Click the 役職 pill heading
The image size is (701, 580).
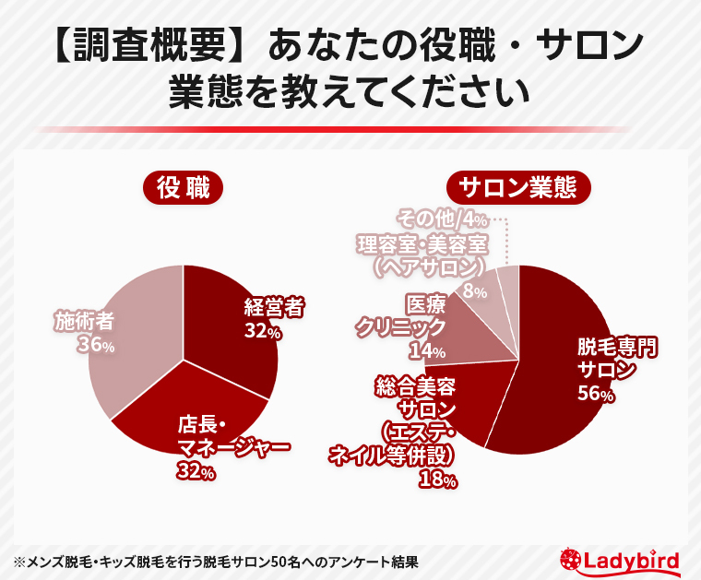184,188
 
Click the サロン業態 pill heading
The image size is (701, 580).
517,188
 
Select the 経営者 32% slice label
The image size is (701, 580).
274,318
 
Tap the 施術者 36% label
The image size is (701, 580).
84,331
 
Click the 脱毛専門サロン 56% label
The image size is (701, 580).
618,370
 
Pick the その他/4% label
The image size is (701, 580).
442,219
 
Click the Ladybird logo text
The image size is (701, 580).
636,560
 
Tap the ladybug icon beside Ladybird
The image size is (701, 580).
571,560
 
